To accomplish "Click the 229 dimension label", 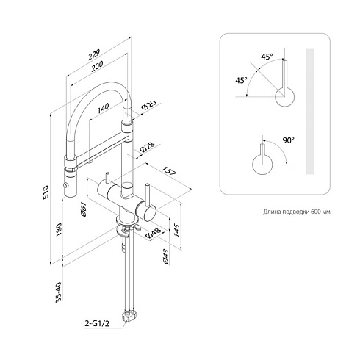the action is click(94, 55).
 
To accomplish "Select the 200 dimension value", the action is click(97, 66).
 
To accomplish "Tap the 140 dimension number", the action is click(103, 109).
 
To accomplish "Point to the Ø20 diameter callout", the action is click(149, 106).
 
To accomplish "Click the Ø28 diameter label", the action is click(148, 147).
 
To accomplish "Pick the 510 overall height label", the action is click(46, 192).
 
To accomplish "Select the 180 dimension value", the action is click(59, 230).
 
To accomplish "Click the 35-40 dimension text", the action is click(59, 292).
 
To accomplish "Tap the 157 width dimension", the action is click(170, 171).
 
